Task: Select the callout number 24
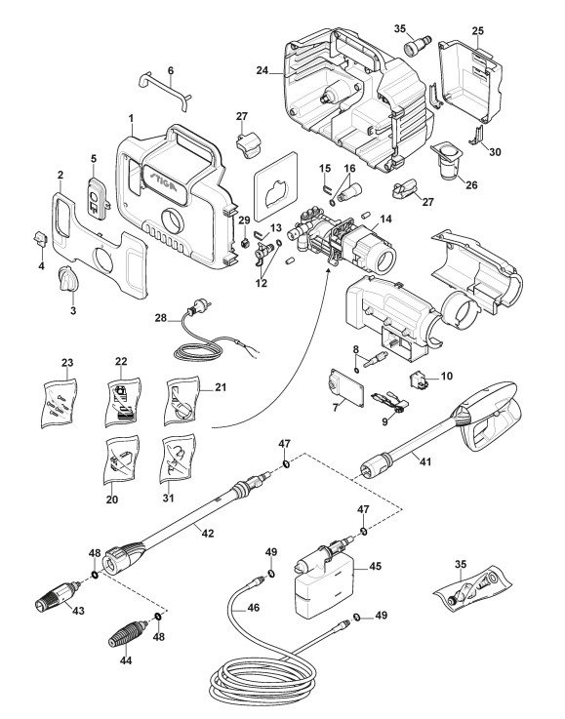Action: pos(262,70)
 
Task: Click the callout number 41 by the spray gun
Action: pos(426,461)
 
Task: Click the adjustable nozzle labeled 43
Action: pos(58,597)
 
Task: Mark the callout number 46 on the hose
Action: pos(253,608)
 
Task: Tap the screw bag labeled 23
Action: pos(59,403)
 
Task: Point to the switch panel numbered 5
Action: pos(98,199)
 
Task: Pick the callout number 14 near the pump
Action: pos(385,219)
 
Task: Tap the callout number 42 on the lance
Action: pos(208,534)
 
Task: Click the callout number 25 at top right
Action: pos(477,30)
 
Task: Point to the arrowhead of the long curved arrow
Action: pos(328,272)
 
